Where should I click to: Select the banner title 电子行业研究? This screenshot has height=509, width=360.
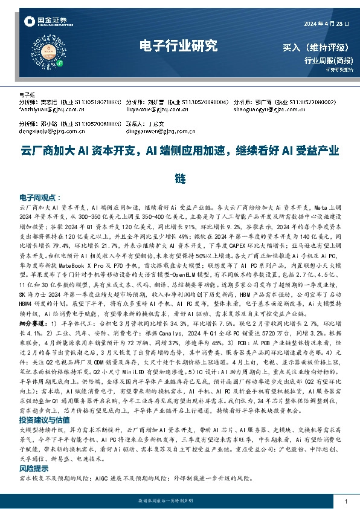[178, 46]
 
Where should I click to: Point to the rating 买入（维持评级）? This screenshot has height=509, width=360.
[318, 48]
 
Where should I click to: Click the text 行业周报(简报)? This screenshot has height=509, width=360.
[329, 60]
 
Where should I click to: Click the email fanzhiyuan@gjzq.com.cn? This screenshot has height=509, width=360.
[49, 109]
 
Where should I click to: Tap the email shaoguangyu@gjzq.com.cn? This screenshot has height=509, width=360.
[263, 109]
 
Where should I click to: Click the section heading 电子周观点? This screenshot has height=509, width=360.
[37, 198]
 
